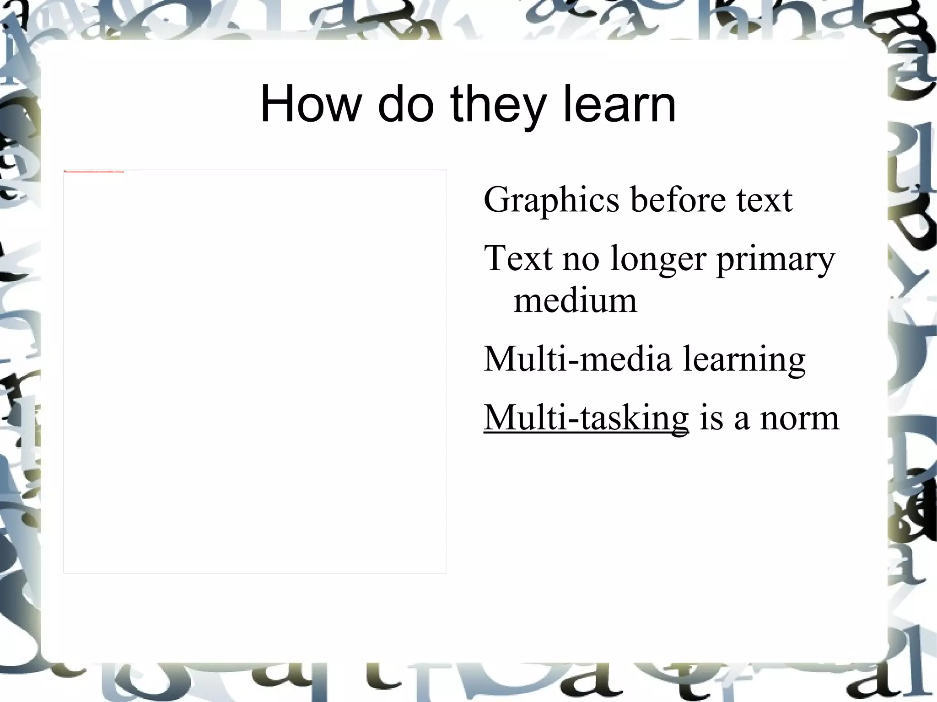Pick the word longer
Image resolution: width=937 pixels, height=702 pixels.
pyautogui.click(x=658, y=260)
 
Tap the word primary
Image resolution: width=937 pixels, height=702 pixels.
pyautogui.click(x=776, y=260)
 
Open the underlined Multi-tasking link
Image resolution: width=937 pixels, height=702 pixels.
pyautogui.click(x=586, y=418)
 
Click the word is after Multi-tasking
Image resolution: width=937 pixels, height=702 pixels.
pyautogui.click(x=711, y=418)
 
